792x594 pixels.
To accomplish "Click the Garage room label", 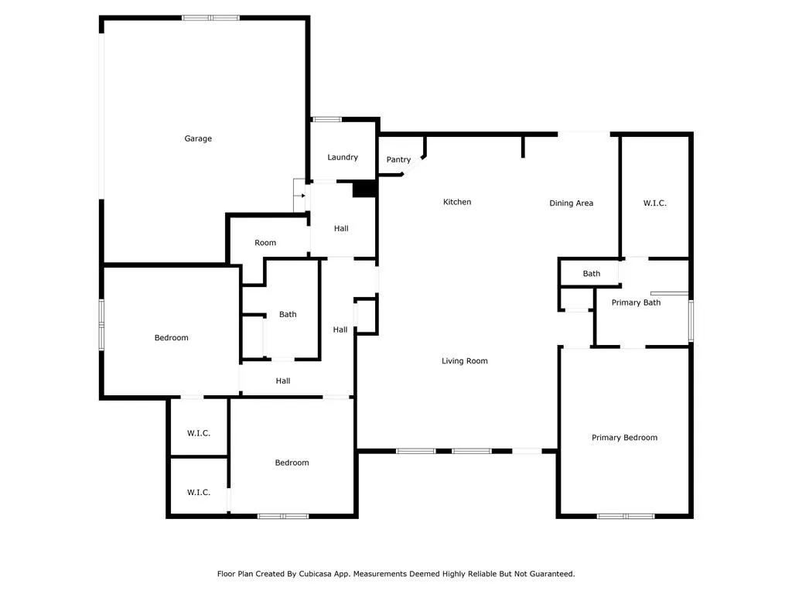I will click(198, 138).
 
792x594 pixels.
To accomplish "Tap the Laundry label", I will click(343, 157).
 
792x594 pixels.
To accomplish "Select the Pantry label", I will click(398, 159).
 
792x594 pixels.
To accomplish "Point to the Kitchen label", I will click(456, 202).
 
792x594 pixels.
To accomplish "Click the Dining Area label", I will click(571, 203).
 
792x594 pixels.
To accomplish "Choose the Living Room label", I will click(465, 361).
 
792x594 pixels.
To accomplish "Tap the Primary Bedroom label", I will click(624, 438).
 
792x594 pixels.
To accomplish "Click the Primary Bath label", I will click(636, 302).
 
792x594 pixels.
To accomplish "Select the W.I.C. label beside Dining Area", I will click(654, 203).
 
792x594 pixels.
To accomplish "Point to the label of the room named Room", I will click(265, 243).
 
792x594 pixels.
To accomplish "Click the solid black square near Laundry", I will click(363, 189).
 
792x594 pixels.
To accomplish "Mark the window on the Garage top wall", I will click(210, 17).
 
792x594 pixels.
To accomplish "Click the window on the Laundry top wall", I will click(326, 119).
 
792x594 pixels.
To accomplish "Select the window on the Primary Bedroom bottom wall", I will click(626, 516).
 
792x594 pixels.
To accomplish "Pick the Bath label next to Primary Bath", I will click(592, 274).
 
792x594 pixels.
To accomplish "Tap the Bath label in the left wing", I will click(288, 315).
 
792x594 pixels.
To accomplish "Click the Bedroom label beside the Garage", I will click(171, 338).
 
